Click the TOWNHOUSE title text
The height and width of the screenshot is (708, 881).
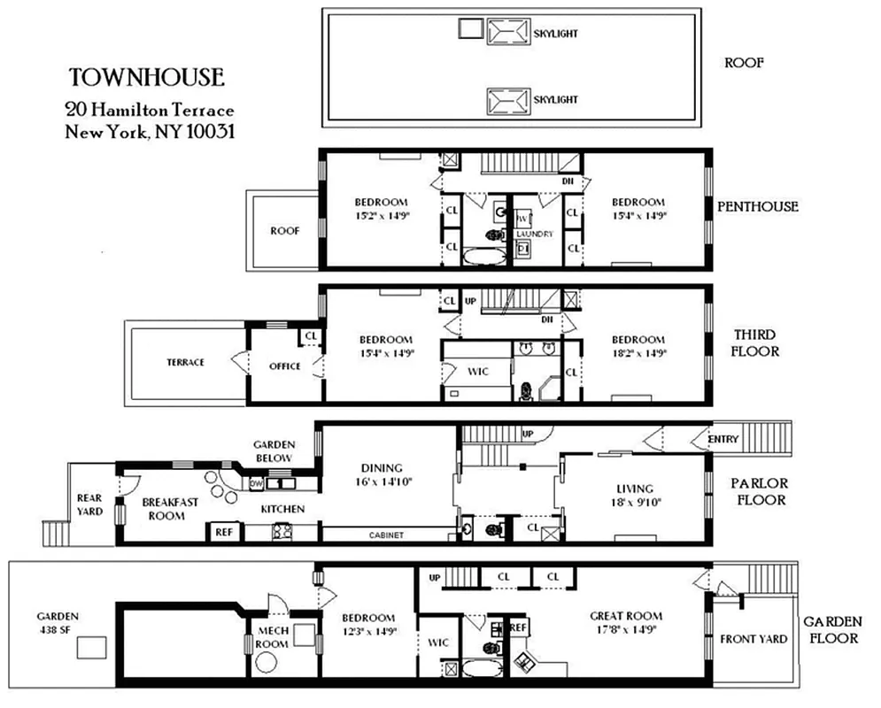147,77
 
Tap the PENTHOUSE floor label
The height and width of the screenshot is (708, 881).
757,206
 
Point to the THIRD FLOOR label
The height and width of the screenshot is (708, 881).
755,342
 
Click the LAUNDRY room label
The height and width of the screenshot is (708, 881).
536,235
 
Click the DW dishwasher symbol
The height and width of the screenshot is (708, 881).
257,483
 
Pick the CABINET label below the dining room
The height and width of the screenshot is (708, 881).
386,535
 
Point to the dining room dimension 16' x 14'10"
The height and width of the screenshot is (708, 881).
383,482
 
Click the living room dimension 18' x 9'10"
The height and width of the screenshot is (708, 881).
635,502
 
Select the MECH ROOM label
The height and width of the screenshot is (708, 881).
272,637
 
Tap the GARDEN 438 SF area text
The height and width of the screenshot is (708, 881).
58,623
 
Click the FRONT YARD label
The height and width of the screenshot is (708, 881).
753,639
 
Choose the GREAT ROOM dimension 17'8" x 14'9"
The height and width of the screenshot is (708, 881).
626,630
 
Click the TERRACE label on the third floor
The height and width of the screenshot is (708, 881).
186,362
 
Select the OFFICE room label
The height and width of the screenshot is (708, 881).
285,366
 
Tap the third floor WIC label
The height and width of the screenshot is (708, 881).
477,371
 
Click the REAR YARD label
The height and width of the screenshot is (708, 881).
89,504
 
